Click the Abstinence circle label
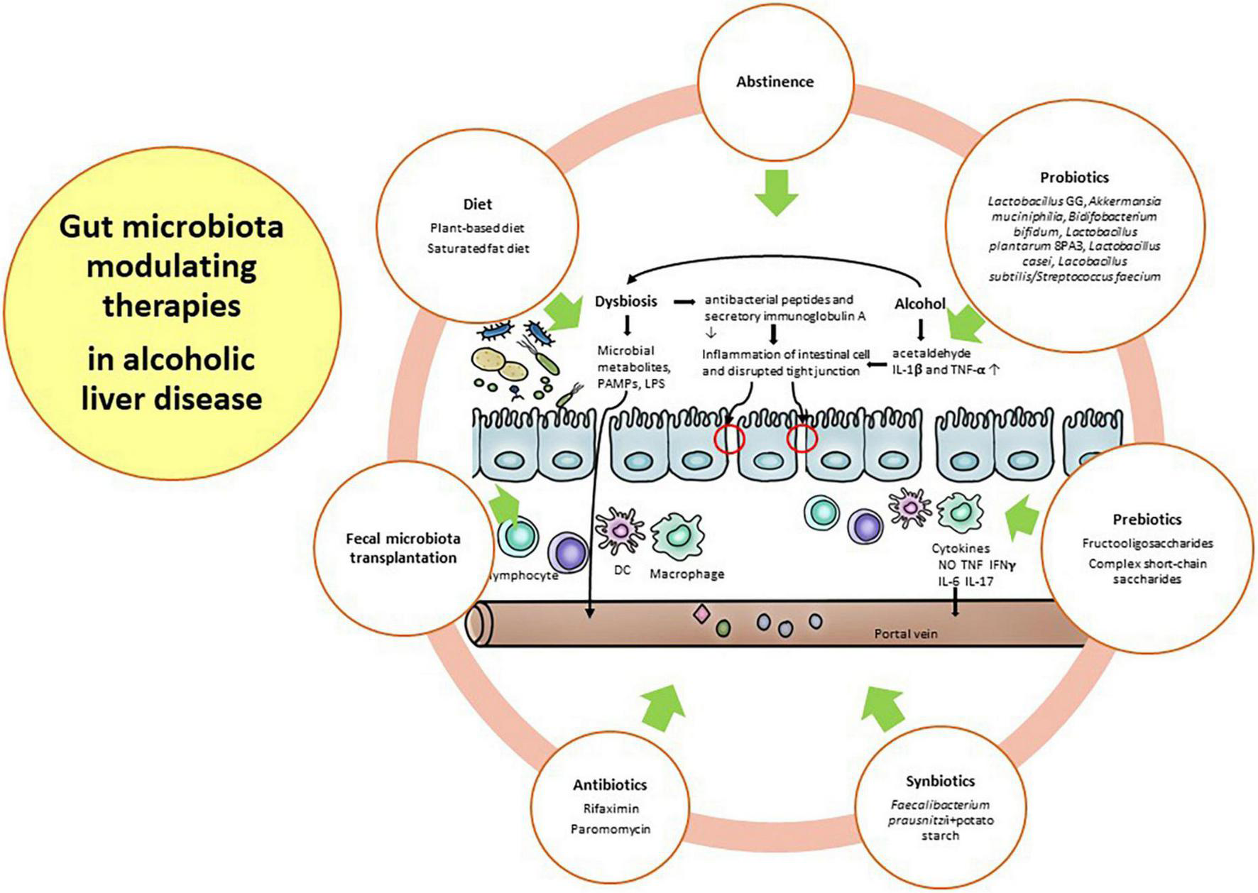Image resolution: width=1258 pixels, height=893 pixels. (x=775, y=82)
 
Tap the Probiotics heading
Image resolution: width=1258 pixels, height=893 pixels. (x=1074, y=177)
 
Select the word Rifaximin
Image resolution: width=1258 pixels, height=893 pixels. (x=611, y=809)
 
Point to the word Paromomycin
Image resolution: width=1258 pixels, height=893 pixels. (x=611, y=829)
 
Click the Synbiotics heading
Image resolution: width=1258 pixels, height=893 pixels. (x=940, y=782)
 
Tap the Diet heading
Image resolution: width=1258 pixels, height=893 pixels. (x=477, y=204)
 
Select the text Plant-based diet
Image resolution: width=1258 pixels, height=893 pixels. (x=477, y=229)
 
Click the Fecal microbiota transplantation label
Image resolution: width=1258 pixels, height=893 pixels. (x=403, y=548)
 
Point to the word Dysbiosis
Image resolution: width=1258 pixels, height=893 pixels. (x=626, y=302)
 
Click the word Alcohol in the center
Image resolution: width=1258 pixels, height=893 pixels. (x=920, y=304)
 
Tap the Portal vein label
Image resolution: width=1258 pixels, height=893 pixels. (x=905, y=633)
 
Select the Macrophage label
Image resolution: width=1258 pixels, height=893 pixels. (x=687, y=574)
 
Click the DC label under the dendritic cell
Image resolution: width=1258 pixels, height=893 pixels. (x=622, y=570)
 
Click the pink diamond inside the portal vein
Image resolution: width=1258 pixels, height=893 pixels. (x=701, y=614)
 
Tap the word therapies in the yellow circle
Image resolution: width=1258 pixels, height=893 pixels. (x=172, y=307)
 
